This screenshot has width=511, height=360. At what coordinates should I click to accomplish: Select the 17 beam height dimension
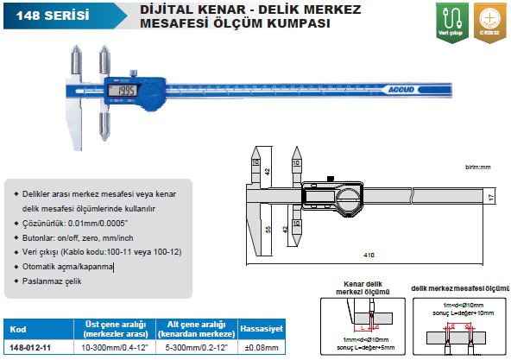489,198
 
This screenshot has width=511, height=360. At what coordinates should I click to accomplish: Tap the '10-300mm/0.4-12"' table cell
112,348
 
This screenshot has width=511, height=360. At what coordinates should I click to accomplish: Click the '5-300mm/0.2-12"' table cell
194,348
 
